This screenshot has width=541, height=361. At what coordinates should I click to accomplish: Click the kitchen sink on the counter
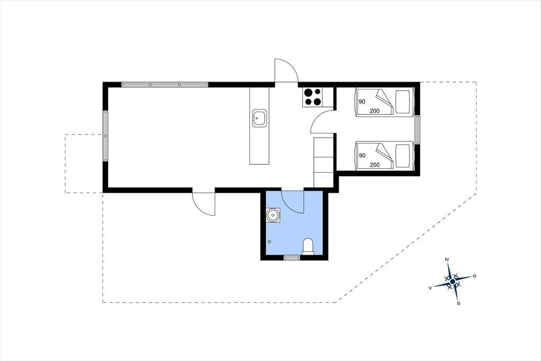[259, 118]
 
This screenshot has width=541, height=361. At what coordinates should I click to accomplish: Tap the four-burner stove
[313, 97]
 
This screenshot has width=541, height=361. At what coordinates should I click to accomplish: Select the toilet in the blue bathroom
[308, 247]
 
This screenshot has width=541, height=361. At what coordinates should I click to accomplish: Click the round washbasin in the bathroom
[273, 215]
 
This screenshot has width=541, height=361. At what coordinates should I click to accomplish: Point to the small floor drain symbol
[269, 242]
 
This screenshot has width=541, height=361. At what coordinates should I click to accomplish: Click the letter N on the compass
[447, 259]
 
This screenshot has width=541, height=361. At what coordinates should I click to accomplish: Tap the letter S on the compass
[459, 304]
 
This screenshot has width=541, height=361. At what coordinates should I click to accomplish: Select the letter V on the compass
[430, 288]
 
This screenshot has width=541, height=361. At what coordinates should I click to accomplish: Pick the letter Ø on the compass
[474, 276]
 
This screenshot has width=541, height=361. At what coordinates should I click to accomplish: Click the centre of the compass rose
[452, 282]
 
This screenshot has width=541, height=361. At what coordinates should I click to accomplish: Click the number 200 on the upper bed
[375, 111]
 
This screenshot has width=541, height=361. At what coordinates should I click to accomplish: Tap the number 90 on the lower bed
[362, 156]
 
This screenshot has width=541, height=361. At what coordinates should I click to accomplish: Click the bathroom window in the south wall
[292, 257]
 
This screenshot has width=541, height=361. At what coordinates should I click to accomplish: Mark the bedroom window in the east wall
[417, 129]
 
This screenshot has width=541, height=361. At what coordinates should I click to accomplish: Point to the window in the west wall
[105, 136]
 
